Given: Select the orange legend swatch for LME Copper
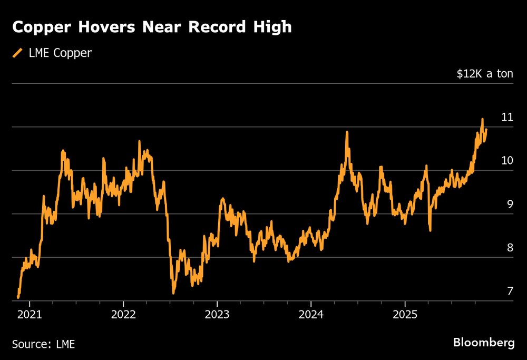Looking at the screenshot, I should [x=18, y=53].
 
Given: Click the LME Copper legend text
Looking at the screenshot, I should [x=60, y=53].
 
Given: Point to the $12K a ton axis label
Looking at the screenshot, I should [x=485, y=73].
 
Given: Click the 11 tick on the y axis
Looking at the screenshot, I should [x=507, y=117].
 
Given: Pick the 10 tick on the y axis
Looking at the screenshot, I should [x=507, y=160].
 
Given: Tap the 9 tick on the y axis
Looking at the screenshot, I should [x=510, y=204].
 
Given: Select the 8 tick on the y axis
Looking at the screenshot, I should [x=510, y=248].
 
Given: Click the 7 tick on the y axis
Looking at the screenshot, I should [x=510, y=291].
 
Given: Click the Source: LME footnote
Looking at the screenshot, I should [x=43, y=344].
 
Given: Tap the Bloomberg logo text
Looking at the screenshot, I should [x=484, y=343].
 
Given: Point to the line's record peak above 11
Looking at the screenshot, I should [x=482, y=120].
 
